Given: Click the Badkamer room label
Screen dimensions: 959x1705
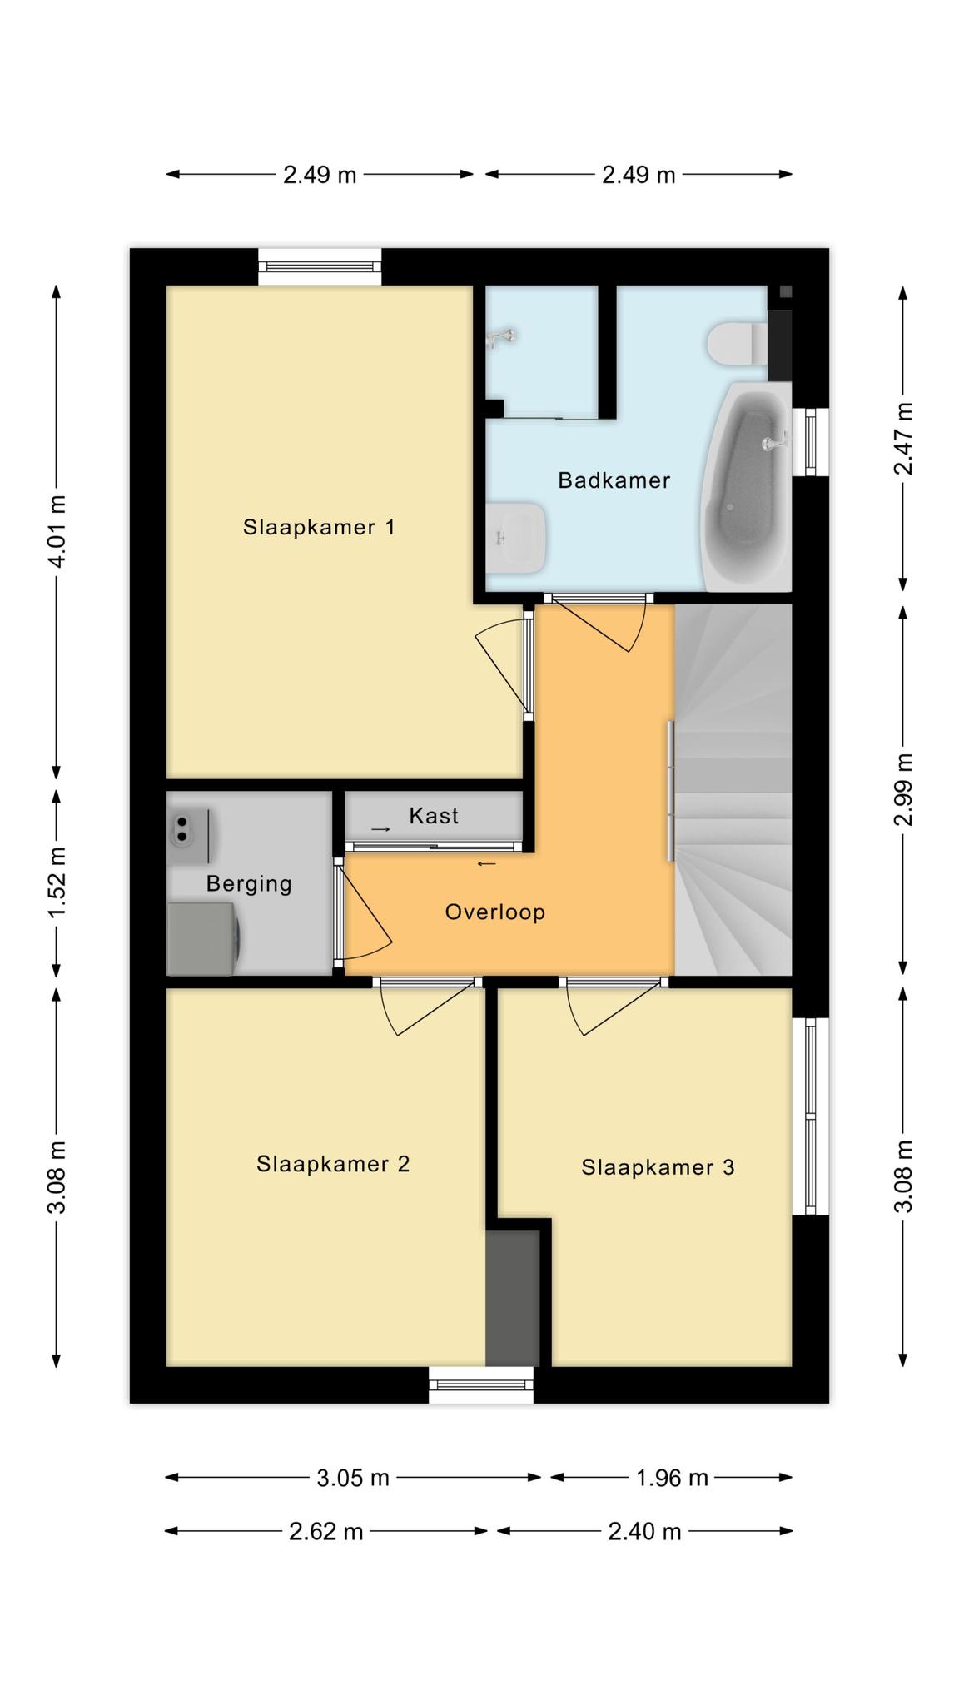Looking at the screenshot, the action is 614,480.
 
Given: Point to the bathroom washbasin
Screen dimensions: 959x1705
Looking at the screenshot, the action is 515,538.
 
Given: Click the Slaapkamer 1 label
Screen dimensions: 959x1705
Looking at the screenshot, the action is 319,527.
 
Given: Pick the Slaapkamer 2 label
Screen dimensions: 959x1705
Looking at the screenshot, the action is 333,1164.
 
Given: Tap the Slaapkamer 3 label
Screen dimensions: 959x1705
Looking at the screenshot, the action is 658,1167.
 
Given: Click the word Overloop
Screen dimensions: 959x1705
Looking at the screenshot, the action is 495,912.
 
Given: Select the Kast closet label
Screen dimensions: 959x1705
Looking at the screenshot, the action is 434,816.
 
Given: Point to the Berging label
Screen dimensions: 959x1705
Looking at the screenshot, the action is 249,884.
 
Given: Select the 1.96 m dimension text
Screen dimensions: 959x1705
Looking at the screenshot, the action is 672,1478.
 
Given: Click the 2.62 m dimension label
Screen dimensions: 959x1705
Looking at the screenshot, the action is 326,1531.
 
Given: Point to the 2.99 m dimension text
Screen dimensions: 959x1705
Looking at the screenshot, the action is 902,789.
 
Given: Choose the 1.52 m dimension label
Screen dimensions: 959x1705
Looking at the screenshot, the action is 57,882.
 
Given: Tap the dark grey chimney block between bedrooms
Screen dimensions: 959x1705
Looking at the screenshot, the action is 513,1298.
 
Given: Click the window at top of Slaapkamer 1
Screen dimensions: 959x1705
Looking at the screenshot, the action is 320,266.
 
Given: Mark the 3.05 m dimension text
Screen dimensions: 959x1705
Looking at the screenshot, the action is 353,1478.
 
